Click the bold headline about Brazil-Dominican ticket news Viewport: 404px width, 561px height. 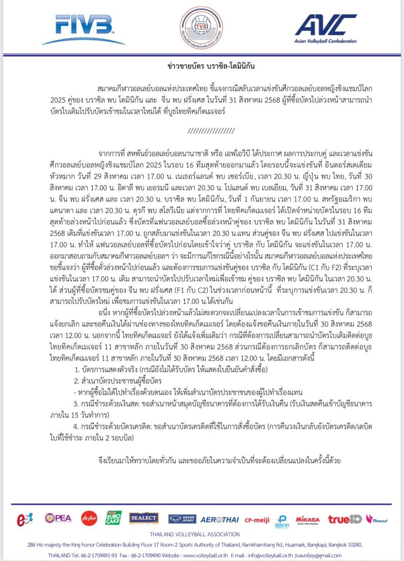pyautogui.click(x=201, y=66)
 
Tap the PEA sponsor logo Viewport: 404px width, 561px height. pyautogui.click(x=58, y=518)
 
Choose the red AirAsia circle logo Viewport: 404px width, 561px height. pyautogui.click(x=88, y=518)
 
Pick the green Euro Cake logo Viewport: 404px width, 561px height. pyautogui.click(x=114, y=518)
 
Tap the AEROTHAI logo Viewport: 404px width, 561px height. pyautogui.click(x=220, y=519)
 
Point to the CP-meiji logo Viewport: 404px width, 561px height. pyautogui.click(x=258, y=519)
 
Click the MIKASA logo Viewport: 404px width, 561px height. pyautogui.click(x=308, y=519)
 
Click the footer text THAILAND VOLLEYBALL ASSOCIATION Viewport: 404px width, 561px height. pyautogui.click(x=202, y=534)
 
